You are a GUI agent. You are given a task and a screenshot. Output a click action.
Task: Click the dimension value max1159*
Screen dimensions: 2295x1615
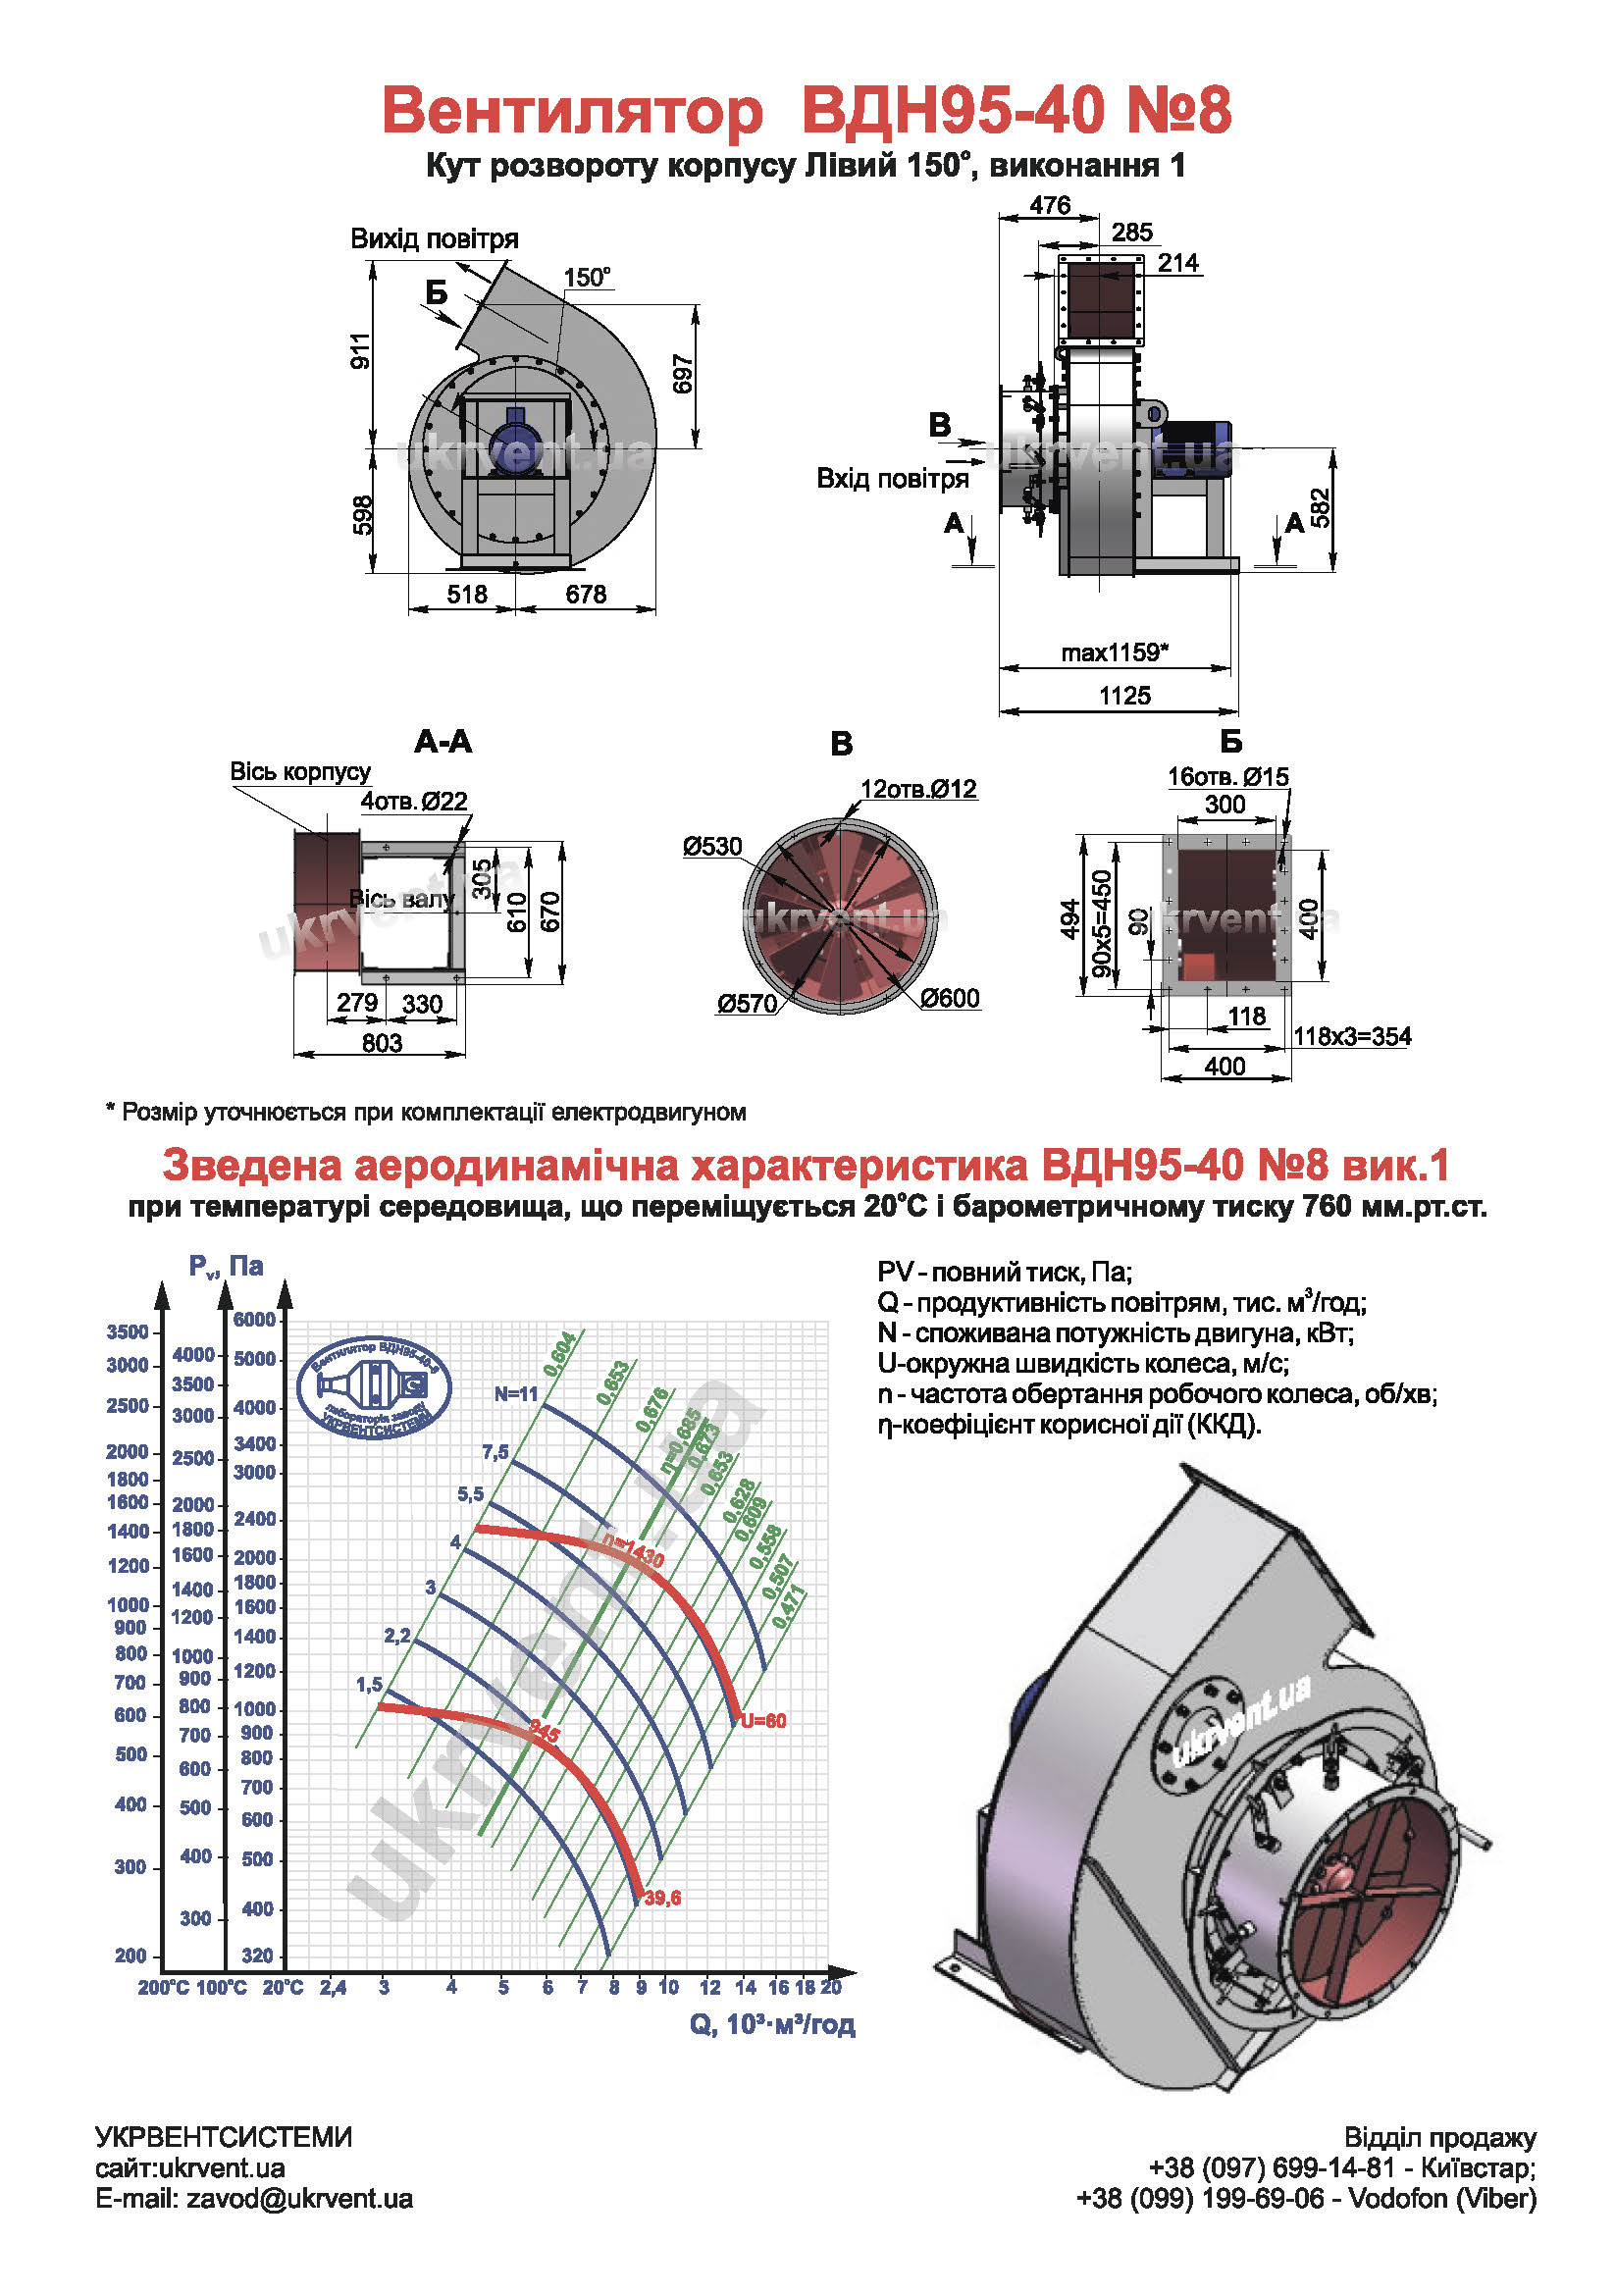click(x=1114, y=652)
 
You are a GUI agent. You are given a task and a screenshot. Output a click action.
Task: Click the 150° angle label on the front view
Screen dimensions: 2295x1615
click(x=587, y=277)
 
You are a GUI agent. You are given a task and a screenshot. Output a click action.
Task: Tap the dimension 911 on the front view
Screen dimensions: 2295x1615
click(x=361, y=350)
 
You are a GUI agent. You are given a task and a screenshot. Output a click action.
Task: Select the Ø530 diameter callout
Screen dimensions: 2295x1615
click(x=711, y=847)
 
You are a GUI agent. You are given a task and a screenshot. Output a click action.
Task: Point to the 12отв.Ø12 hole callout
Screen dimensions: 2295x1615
click(x=917, y=789)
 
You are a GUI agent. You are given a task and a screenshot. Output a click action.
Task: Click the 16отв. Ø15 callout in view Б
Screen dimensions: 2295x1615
click(x=1227, y=777)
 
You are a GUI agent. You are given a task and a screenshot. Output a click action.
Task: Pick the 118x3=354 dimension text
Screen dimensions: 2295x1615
click(x=1351, y=1035)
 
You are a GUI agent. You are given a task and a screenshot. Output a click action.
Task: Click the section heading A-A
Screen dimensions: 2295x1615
click(x=443, y=742)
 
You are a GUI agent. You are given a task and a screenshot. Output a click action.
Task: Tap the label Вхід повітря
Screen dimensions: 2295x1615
click(x=893, y=478)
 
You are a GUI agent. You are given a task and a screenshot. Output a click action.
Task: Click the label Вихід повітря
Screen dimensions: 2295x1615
click(x=434, y=238)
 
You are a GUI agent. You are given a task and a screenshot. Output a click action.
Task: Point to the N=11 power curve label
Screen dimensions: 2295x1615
click(x=516, y=1393)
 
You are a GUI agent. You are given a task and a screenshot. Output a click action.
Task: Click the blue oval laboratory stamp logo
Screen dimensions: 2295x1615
click(x=375, y=1387)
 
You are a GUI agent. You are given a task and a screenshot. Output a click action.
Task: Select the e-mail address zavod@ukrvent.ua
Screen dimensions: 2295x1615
click(x=299, y=2198)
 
